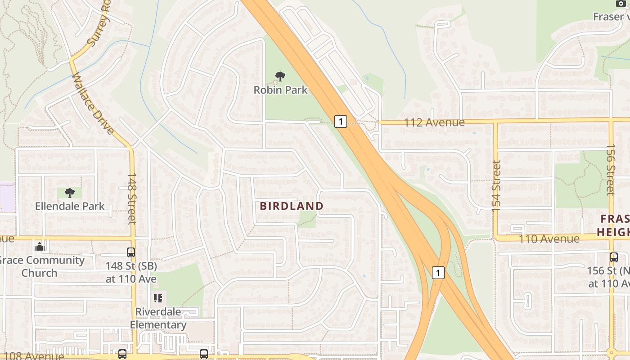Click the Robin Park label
tap(280, 90)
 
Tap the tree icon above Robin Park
tap(280, 76)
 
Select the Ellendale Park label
tap(70, 207)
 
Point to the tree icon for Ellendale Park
tap(69, 193)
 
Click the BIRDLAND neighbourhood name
tap(292, 206)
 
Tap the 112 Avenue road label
tap(434, 122)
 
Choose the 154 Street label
tap(496, 186)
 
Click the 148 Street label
tap(131, 198)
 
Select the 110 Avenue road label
tap(549, 239)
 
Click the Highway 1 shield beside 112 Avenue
tap(341, 121)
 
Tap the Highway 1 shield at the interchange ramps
tap(438, 272)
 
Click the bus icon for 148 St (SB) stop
tap(131, 252)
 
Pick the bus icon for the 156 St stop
tap(614, 257)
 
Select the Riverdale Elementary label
tap(158, 318)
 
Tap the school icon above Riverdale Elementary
tap(158, 298)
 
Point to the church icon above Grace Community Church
tap(40, 247)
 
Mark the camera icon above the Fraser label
tap(621, 3)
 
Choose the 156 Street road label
tap(611, 170)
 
